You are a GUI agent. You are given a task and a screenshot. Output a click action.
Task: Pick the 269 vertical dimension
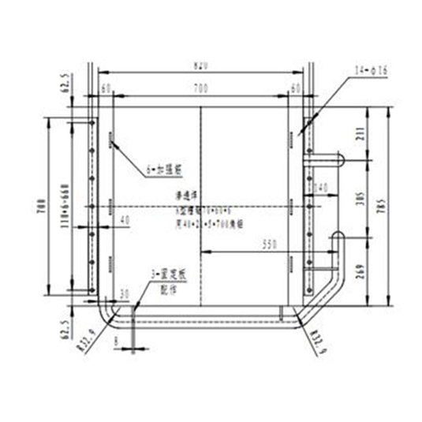tap(360, 269)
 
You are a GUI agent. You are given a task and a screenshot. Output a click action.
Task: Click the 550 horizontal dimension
tap(271, 246)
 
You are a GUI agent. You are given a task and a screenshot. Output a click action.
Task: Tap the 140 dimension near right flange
tap(320, 188)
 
